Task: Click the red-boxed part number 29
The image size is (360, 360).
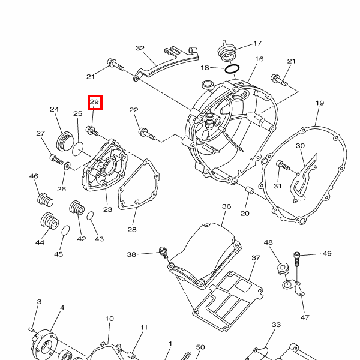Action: click(x=95, y=103)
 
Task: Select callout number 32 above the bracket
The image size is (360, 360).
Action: click(x=140, y=48)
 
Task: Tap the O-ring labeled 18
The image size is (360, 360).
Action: click(x=233, y=69)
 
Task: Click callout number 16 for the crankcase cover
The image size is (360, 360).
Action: click(x=259, y=59)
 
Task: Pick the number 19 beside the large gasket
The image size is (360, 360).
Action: click(x=319, y=103)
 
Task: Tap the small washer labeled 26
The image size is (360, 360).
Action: click(x=65, y=165)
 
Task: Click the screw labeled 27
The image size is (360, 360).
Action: click(x=56, y=159)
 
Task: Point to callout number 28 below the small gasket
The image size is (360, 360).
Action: click(x=132, y=230)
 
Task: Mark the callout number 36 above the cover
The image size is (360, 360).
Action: click(x=226, y=206)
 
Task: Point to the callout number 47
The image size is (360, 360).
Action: click(x=305, y=317)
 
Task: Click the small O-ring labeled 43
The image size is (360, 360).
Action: click(x=91, y=215)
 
